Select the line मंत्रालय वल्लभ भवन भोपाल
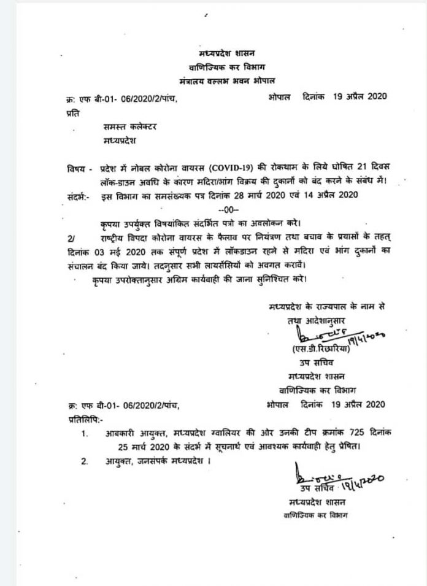coord(231,79)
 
